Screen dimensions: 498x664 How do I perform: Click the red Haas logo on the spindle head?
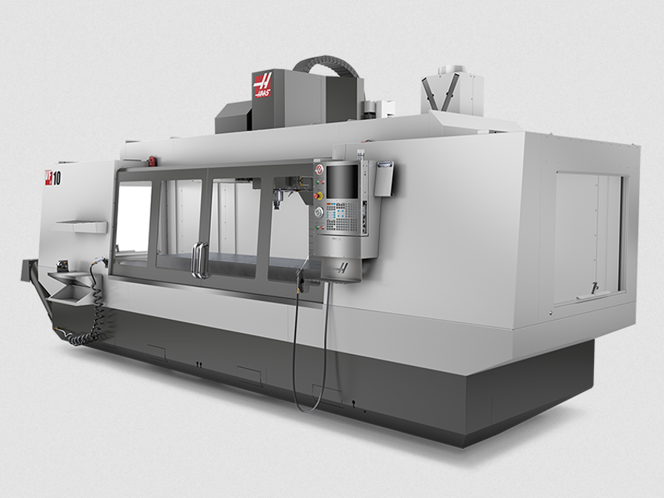click(263, 85)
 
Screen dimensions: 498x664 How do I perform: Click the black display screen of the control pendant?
click(343, 181)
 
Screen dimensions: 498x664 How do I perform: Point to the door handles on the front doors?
click(200, 259)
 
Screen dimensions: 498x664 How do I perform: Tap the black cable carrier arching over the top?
click(326, 62)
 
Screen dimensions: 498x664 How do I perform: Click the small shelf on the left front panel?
click(81, 226)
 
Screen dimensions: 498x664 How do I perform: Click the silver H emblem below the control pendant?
click(341, 268)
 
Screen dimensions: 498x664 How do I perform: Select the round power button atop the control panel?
click(318, 169)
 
